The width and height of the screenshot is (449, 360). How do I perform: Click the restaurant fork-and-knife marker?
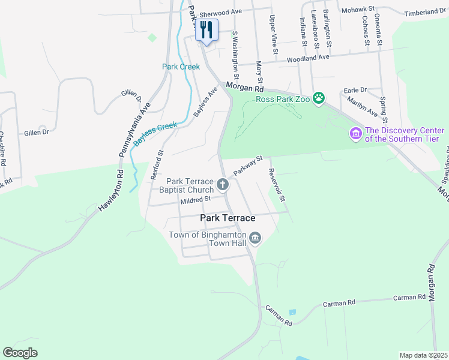pyautogui.click(x=206, y=29)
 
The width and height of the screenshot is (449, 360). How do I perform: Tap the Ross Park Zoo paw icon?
pyautogui.click(x=319, y=98)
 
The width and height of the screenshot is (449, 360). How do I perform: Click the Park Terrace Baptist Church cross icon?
pyautogui.click(x=223, y=185)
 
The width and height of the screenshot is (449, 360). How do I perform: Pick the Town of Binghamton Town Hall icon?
pyautogui.click(x=255, y=239)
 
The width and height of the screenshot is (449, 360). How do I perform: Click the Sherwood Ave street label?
pyautogui.click(x=220, y=11)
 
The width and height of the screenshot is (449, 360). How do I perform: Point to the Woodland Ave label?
pyautogui.click(x=308, y=58)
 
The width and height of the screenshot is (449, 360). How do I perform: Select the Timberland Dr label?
pyautogui.click(x=425, y=12)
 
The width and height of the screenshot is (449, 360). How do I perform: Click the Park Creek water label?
pyautogui.click(x=181, y=67)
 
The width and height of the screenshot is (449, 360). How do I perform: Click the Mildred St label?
pyautogui.click(x=196, y=199)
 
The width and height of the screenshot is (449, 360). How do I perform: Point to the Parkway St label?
pyautogui.click(x=249, y=166)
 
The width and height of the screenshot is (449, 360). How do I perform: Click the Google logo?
pyautogui.click(x=20, y=352)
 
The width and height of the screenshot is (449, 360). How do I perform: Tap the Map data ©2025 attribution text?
pyautogui.click(x=423, y=355)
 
